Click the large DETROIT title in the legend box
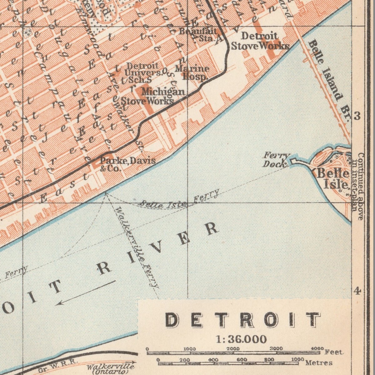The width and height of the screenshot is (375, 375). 242,320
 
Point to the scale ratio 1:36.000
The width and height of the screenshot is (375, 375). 241,339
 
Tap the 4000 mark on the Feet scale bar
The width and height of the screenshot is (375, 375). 317,348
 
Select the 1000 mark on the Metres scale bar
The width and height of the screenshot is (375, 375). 297,359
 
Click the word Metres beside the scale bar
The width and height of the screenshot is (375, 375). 319,363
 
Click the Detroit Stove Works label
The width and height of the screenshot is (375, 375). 260,41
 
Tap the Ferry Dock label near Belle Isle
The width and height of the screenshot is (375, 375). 276,159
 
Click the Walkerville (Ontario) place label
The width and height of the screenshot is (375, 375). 111,369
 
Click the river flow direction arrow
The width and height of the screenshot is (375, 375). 86,292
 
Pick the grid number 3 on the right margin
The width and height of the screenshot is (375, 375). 357,116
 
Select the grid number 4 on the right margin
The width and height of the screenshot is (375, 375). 357,291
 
